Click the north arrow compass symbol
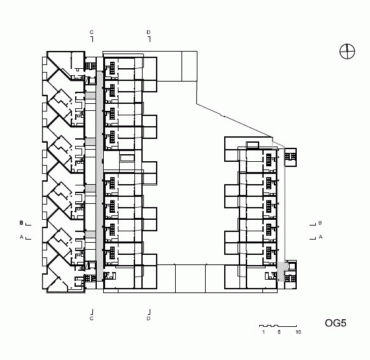pyautogui.click(x=347, y=52)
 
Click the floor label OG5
pyautogui.click(x=336, y=323)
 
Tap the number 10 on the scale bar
pyautogui.click(x=298, y=332)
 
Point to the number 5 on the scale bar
pyautogui.click(x=279, y=332)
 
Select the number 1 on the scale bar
pyautogui.click(x=264, y=332)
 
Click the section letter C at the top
pyautogui.click(x=92, y=32)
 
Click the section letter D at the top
pyautogui.click(x=148, y=32)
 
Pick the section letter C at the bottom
pyautogui.click(x=92, y=319)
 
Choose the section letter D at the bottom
pyautogui.click(x=148, y=319)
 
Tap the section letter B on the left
pyautogui.click(x=21, y=222)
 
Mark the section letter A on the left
pyautogui.click(x=21, y=237)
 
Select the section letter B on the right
pyautogui.click(x=320, y=222)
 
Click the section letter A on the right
pyautogui.click(x=320, y=237)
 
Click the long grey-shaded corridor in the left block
pyautogui.click(x=99, y=176)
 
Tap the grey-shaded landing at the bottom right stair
pyautogui.click(x=281, y=271)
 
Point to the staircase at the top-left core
pyautogui.click(x=90, y=66)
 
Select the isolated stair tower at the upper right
pyautogui.click(x=290, y=157)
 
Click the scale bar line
pyautogui.click(x=278, y=326)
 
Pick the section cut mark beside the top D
pyautogui.click(x=149, y=40)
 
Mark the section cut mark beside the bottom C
pyautogui.click(x=92, y=312)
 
